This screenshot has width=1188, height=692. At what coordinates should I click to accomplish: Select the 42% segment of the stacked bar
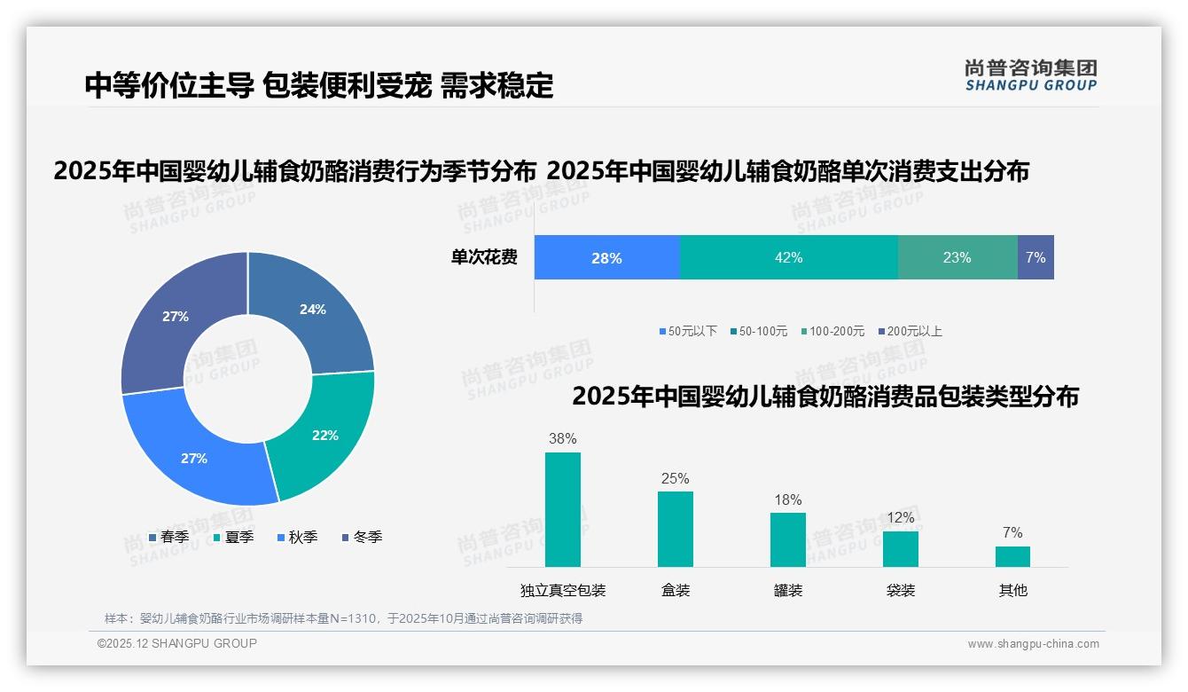pos(788,257)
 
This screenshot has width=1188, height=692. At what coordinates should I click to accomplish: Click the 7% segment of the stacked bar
pos(1036,257)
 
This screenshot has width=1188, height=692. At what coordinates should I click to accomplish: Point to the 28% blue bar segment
pos(606,257)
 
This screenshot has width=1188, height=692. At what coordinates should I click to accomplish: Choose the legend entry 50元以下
pos(688,331)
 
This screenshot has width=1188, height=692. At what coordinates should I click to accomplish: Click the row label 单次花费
pos(484,257)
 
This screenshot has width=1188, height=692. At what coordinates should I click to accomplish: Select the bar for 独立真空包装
pos(562,509)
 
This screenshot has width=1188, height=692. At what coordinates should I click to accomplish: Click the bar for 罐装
pos(787,539)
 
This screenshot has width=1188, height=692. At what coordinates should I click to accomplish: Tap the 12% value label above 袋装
pos(900,518)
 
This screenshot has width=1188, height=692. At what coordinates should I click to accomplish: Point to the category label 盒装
pos(676,590)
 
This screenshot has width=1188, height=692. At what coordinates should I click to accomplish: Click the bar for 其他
pos(1012,556)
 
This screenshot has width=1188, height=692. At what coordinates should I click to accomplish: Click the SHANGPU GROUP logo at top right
pos(1030,75)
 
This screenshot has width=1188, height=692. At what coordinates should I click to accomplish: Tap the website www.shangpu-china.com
pos(1033,644)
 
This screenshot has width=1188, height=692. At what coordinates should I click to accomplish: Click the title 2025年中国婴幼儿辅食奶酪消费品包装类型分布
pos(825,397)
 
